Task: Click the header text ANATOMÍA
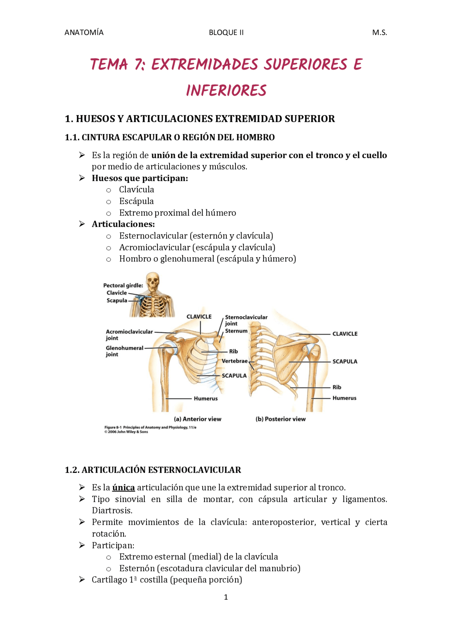[84, 32]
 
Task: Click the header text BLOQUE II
[226, 32]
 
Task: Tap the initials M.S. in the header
[379, 32]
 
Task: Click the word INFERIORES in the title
[226, 91]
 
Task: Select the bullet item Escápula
[136, 201]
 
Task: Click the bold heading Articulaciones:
[123, 224]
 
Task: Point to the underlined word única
[123, 488]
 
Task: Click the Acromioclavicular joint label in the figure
[129, 334]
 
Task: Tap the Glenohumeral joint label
[124, 351]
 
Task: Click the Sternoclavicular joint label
[246, 320]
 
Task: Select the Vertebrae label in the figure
[234, 361]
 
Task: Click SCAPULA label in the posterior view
[345, 361]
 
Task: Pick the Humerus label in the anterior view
[206, 398]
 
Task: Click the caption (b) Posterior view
[280, 419]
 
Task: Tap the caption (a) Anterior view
[197, 419]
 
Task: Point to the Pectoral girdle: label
[123, 285]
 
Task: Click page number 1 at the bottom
[226, 597]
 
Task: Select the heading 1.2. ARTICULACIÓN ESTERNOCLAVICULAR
[153, 470]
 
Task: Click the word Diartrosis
[112, 511]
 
